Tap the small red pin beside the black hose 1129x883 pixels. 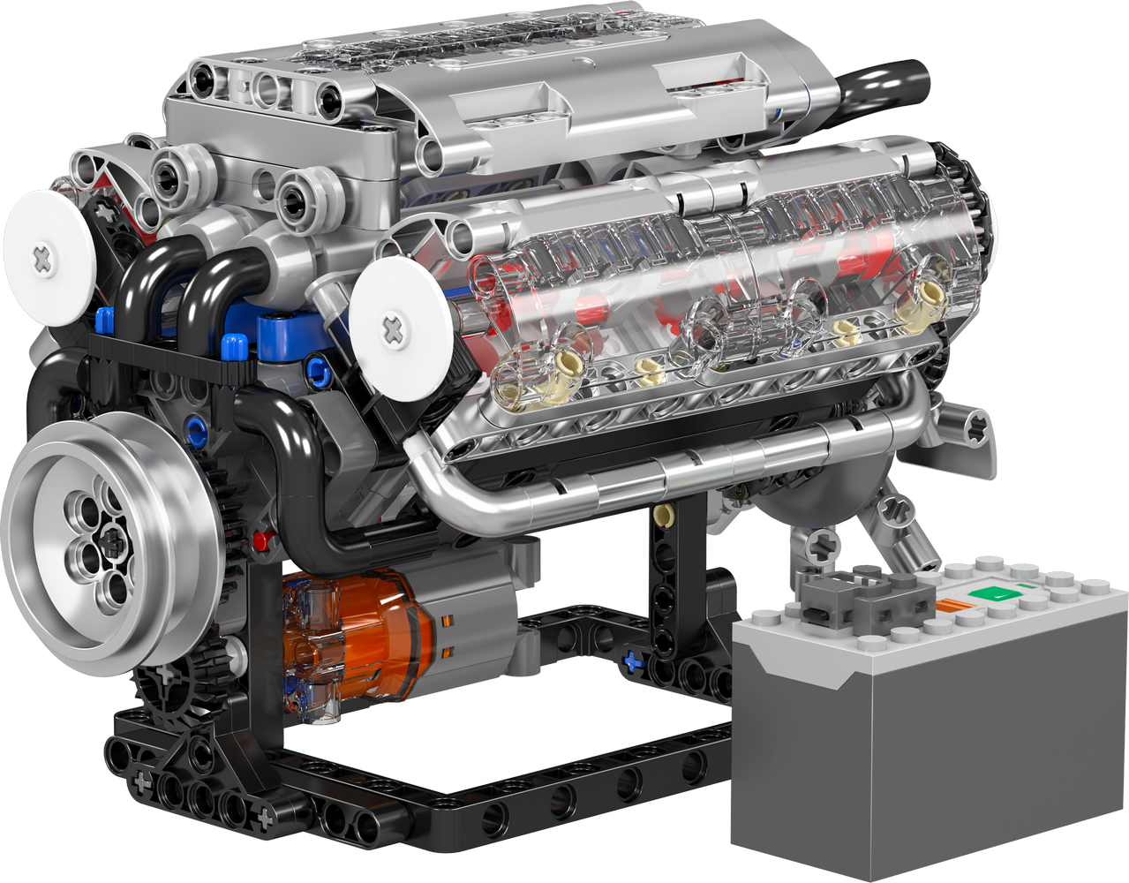(x=260, y=539)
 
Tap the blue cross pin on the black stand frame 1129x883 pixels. (x=631, y=660)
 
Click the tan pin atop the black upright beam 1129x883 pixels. (x=664, y=513)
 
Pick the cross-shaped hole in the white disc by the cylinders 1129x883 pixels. (x=392, y=331)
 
